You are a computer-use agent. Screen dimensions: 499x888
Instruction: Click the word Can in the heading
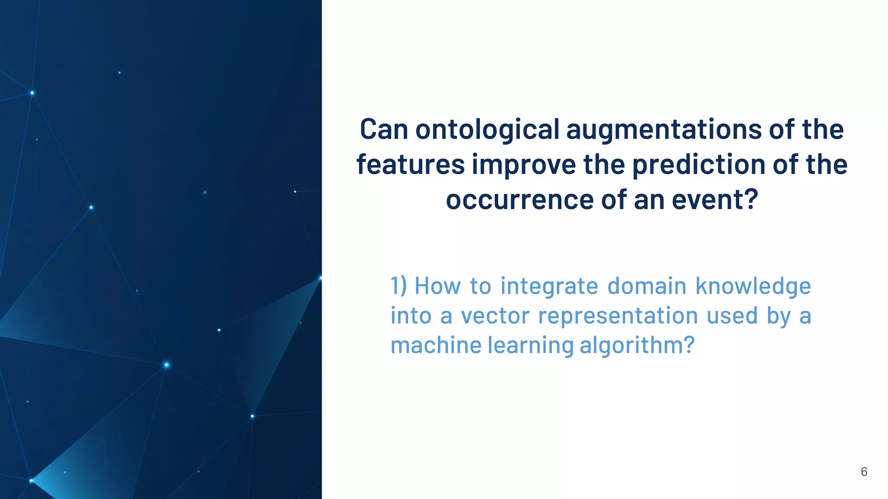click(x=384, y=129)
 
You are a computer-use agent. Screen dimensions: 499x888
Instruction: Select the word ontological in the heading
click(x=487, y=129)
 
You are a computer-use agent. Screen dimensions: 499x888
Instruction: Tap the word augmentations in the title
click(x=664, y=129)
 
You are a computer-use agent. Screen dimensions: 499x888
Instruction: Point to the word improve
click(x=523, y=165)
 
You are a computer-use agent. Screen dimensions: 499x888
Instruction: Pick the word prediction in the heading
click(x=698, y=165)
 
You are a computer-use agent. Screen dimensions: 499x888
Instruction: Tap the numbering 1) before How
click(x=398, y=286)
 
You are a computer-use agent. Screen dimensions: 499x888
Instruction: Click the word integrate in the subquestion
click(x=549, y=286)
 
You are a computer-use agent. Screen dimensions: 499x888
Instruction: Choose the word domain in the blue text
click(x=646, y=286)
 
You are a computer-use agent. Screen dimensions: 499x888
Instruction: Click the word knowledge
click(x=753, y=286)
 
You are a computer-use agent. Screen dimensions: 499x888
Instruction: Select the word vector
click(x=495, y=315)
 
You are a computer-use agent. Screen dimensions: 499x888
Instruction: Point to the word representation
click(x=618, y=315)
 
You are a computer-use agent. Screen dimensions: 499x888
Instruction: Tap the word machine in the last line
click(x=436, y=345)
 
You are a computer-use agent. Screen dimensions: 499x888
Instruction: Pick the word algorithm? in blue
click(x=637, y=345)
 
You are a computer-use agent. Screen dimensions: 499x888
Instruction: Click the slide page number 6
click(x=864, y=472)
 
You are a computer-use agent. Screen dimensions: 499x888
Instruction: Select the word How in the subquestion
click(x=437, y=286)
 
